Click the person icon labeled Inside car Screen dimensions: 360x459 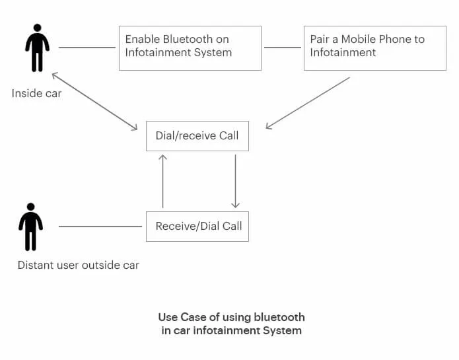(37, 48)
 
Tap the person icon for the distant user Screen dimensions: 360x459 (30, 227)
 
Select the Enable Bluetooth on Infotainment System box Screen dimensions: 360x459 (190, 48)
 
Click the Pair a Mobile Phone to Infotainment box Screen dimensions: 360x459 (374, 48)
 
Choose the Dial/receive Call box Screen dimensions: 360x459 (197, 135)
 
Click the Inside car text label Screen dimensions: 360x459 (36, 93)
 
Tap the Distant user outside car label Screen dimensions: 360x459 (78, 265)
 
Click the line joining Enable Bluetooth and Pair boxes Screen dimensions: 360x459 (282, 48)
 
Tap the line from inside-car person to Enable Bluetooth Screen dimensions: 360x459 (87, 48)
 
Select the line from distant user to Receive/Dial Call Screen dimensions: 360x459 (100, 227)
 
